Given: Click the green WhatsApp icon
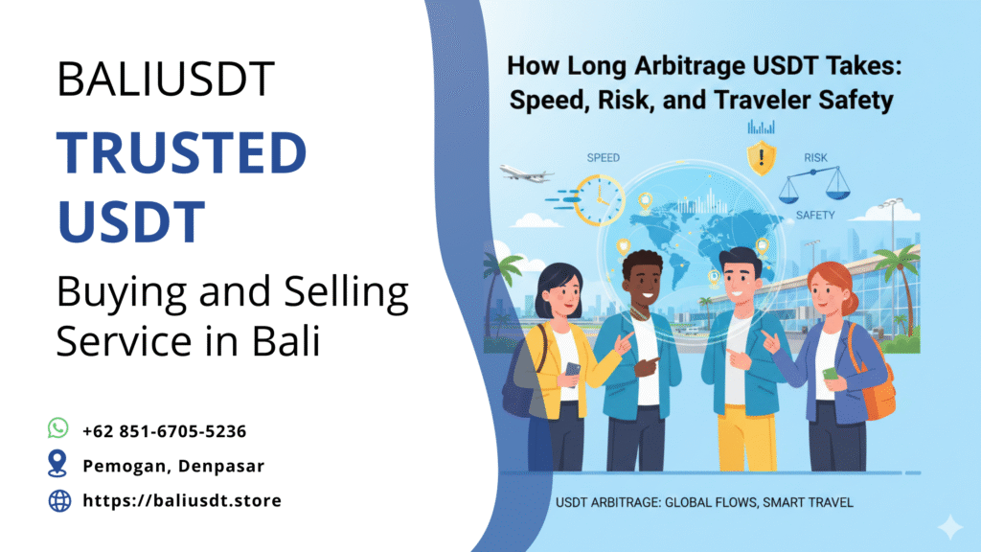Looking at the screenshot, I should (x=58, y=428).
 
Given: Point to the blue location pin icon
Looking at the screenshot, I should (x=58, y=465).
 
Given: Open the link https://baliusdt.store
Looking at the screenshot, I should (x=182, y=500).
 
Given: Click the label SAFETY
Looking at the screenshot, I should (x=815, y=216).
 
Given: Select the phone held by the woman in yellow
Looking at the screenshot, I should (x=573, y=368).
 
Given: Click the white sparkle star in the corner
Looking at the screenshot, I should (x=948, y=525).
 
